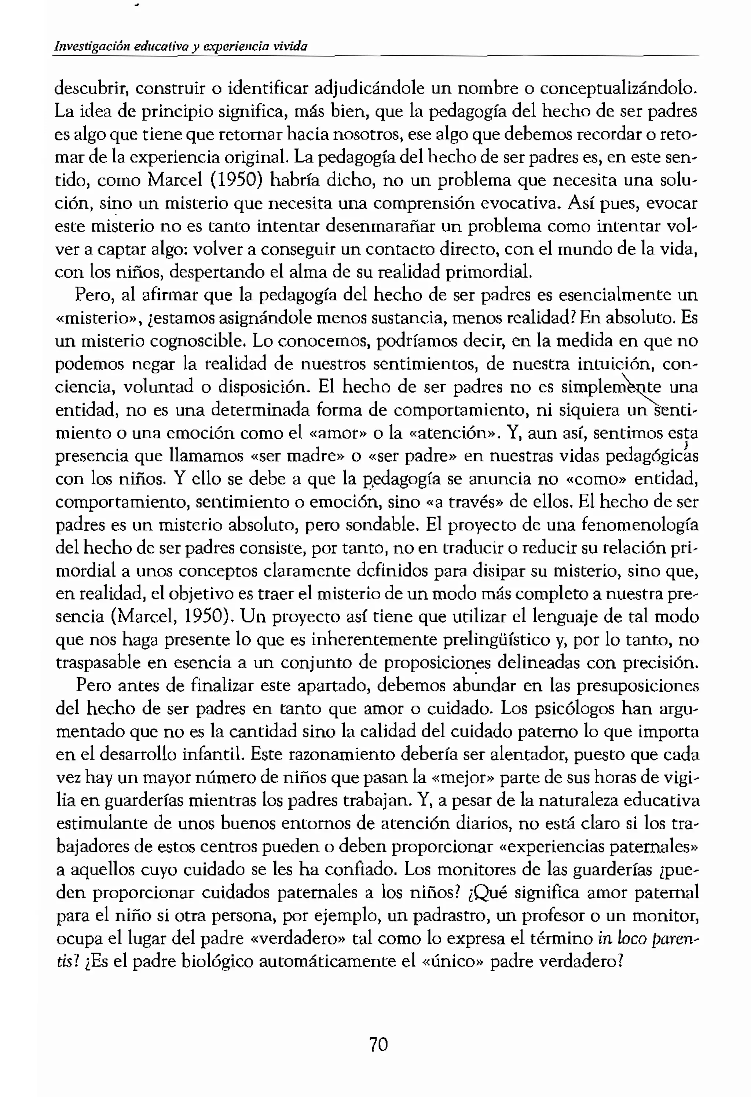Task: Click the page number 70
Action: (378, 1044)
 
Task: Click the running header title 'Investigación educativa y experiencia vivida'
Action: (181, 46)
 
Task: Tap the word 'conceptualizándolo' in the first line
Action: (618, 88)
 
